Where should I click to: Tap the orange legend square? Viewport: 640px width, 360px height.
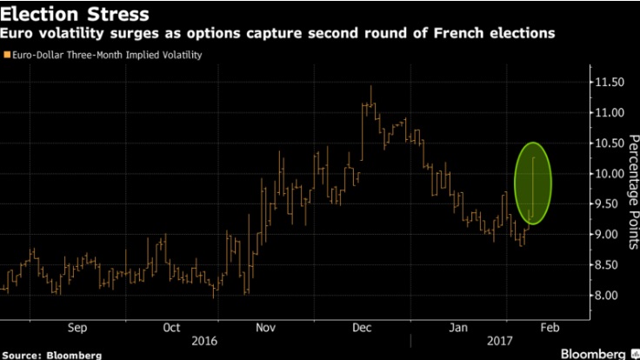coord(7,56)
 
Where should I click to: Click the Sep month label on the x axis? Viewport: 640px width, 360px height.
coord(77,328)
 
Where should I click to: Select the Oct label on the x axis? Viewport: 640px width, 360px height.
coord(171,328)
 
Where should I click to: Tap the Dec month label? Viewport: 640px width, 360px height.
coord(362,328)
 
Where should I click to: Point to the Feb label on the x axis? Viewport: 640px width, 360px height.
coord(550,328)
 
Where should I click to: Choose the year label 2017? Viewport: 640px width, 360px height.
coord(500,342)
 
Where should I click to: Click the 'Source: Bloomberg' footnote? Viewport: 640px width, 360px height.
coord(51,354)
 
